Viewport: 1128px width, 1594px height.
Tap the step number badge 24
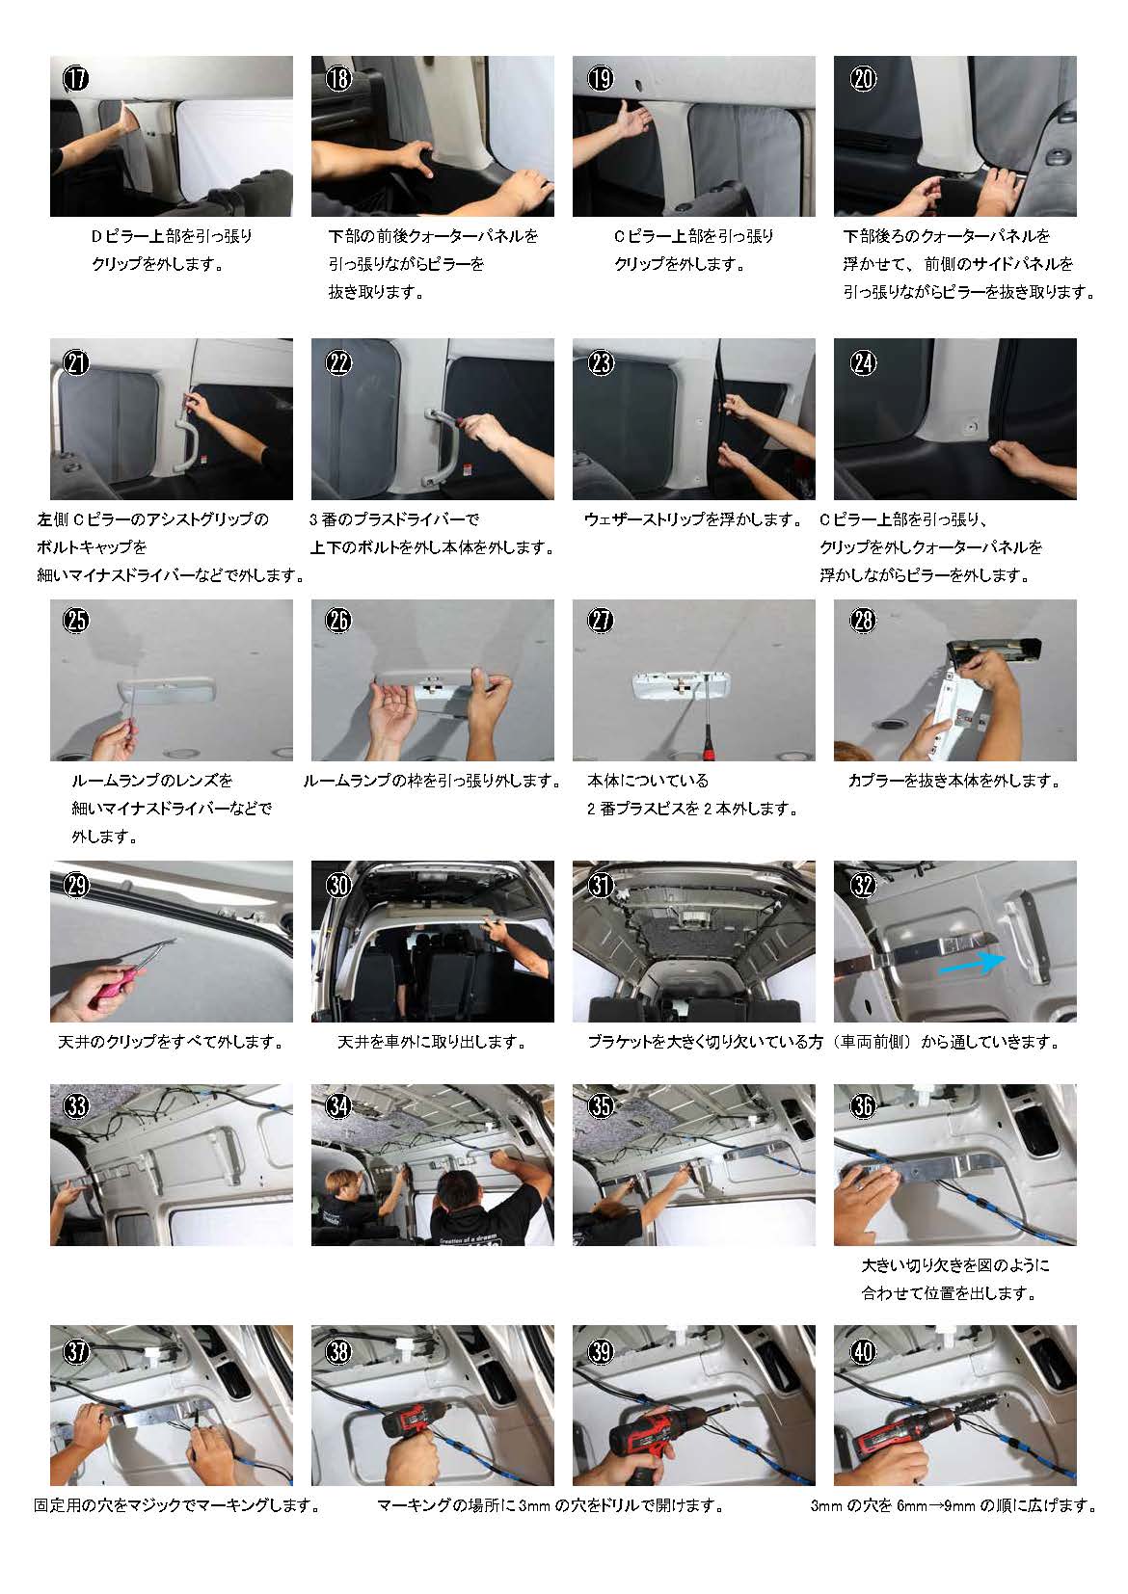[x=863, y=361]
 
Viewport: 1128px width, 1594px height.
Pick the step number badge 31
[x=600, y=885]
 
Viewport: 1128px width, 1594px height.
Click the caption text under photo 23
[x=692, y=519]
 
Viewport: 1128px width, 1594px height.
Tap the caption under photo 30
[x=432, y=1042]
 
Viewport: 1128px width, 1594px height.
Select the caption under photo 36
[x=954, y=1279]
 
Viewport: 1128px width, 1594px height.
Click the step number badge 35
[x=600, y=1105]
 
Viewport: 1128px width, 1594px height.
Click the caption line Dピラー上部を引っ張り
[x=172, y=235]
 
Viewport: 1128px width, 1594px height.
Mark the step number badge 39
[x=600, y=1351]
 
